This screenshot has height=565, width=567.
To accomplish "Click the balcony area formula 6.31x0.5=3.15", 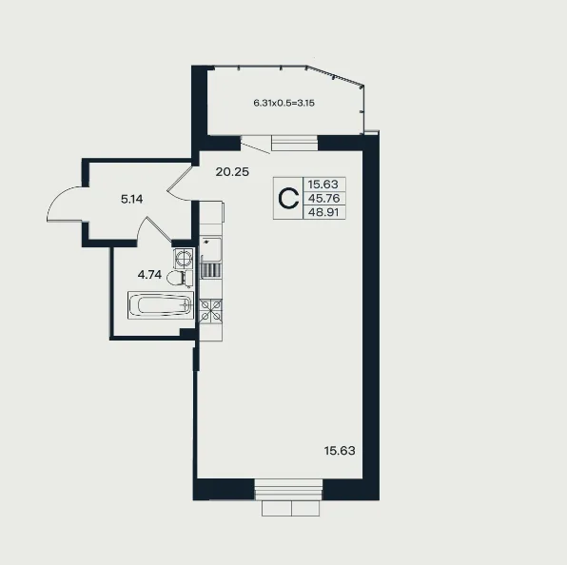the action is tap(283, 103).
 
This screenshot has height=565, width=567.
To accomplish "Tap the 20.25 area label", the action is tap(232, 172).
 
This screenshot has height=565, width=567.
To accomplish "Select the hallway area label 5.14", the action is tap(132, 199).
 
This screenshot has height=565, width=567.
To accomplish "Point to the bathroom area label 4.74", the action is tap(149, 275).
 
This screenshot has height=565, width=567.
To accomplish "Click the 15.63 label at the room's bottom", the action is tap(340, 451).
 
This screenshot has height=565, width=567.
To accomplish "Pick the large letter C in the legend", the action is tap(288, 199).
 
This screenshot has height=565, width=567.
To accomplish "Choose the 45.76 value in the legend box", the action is tap(323, 198).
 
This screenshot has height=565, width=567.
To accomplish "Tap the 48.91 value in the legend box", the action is tap(323, 212).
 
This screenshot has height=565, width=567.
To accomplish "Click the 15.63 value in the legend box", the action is tap(323, 185).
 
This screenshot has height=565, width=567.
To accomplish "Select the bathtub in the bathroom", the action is tap(160, 305).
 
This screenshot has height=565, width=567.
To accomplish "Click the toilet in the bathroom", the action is tap(180, 279).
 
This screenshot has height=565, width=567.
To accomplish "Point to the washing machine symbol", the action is tap(184, 258).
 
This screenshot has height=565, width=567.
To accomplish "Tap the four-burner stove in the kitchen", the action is tap(210, 311).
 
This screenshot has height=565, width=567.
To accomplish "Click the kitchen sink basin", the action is tap(211, 249).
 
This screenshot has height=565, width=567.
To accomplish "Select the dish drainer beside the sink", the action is tap(211, 270).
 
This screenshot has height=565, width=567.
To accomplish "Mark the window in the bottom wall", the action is tap(288, 490).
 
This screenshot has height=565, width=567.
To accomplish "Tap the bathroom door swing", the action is tap(153, 229).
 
